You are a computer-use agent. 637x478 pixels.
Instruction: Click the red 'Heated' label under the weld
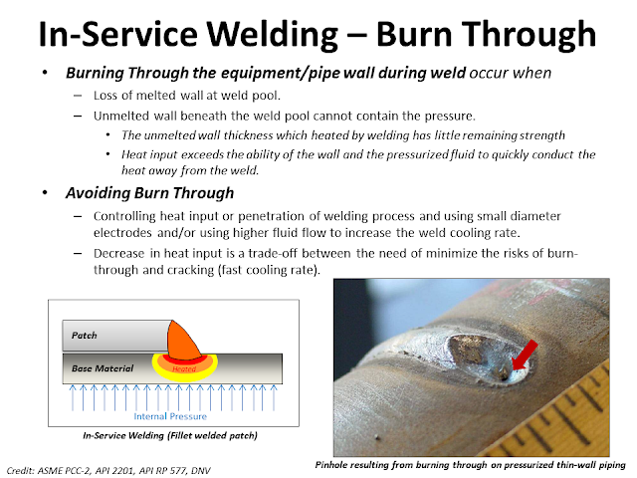pyautogui.click(x=184, y=368)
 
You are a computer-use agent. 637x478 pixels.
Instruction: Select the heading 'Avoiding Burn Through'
pyautogui.click(x=150, y=192)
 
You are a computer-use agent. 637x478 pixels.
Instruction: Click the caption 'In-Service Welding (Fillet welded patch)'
pyautogui.click(x=168, y=436)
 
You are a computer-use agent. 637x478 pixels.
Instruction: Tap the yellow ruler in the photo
pyautogui.click(x=587, y=418)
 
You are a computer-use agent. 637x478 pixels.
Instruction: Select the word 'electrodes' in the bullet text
pyautogui.click(x=127, y=234)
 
